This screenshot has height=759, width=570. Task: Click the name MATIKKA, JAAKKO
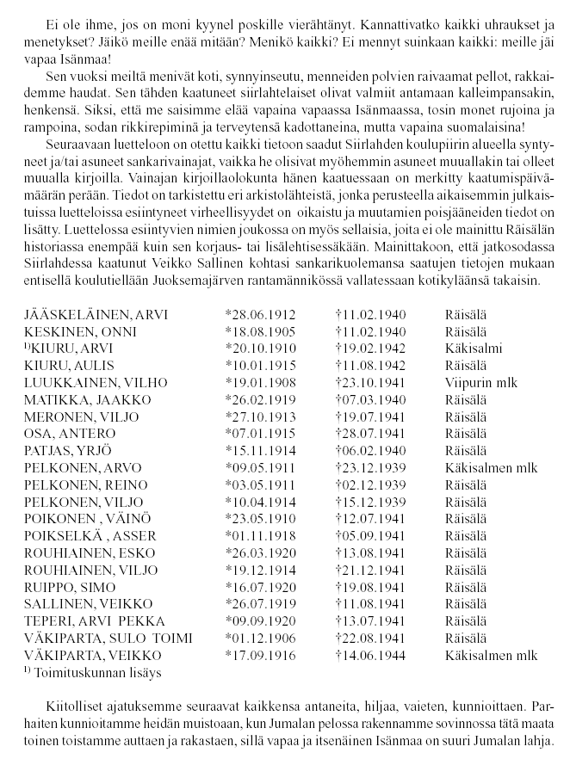click(77, 400)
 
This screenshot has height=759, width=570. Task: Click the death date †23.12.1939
click(369, 468)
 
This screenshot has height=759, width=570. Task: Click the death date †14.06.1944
click(369, 654)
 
